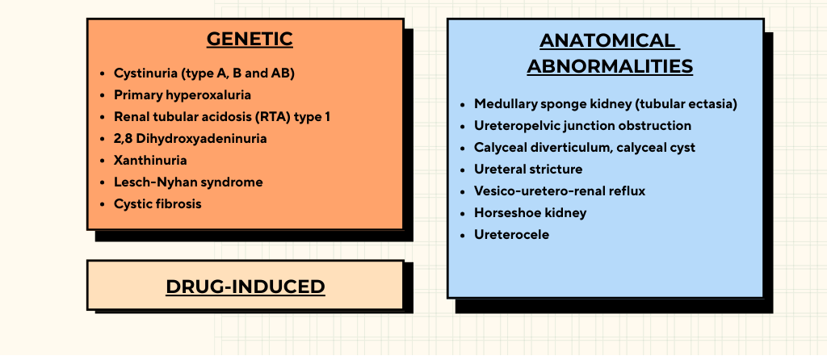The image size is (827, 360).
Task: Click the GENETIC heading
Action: point(250,39)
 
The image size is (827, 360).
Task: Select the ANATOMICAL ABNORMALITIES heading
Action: point(610,54)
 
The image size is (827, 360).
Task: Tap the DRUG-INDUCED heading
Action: point(246,287)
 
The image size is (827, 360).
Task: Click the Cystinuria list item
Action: point(204,73)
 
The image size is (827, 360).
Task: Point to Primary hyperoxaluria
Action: point(183,95)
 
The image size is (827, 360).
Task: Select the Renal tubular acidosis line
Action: point(222,117)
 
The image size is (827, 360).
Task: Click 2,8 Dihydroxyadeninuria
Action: point(191,139)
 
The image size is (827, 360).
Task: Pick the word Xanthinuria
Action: point(150,161)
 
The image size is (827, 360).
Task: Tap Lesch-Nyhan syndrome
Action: point(188,182)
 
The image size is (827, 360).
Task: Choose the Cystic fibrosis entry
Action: point(157,204)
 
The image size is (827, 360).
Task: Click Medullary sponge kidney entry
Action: point(606,104)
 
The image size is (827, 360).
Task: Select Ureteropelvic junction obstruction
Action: point(583,126)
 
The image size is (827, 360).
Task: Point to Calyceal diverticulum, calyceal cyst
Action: point(585,148)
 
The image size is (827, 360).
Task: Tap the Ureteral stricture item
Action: point(528,170)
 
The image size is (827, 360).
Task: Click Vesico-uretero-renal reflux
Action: point(560,190)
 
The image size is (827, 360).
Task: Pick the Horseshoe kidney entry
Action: point(530,213)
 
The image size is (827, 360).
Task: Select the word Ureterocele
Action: point(511,235)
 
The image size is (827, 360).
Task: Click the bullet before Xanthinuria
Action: point(103,161)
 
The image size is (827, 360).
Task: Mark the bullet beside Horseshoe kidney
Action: point(463,213)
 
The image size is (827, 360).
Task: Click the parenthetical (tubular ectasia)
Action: point(686,104)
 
